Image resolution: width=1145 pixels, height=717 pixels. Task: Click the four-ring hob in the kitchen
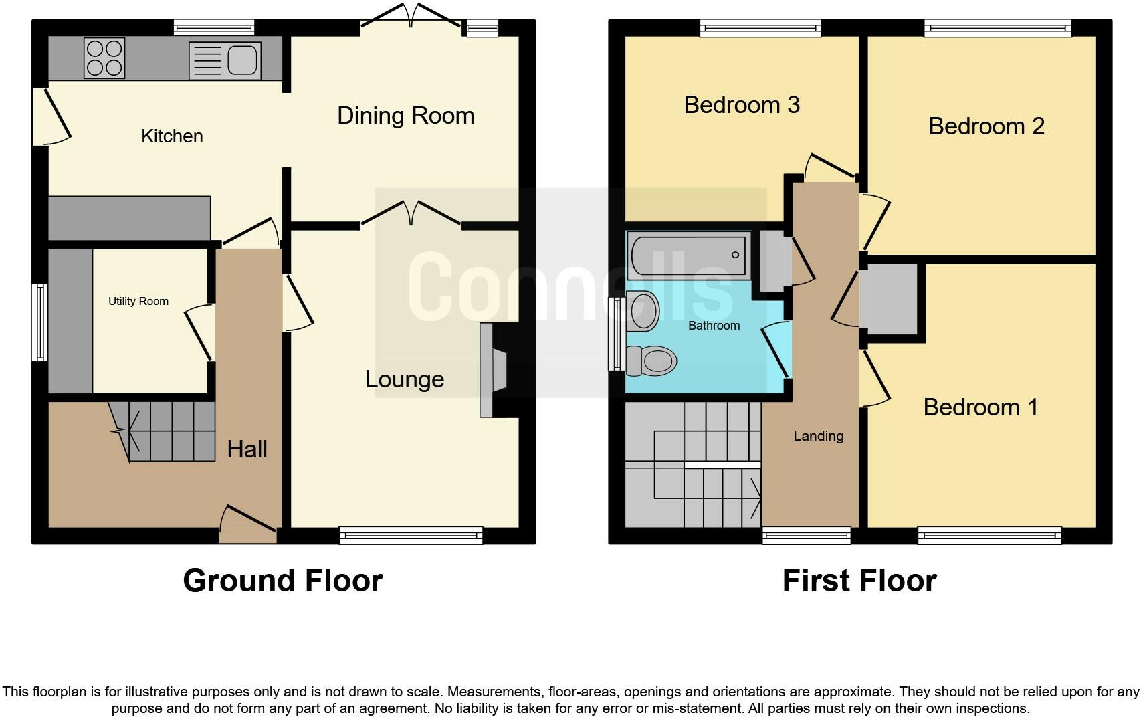click(104, 58)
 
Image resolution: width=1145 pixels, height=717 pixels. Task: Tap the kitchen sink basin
click(242, 60)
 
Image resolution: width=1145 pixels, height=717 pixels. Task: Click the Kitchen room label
click(172, 136)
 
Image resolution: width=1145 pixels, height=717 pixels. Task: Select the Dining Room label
click(405, 116)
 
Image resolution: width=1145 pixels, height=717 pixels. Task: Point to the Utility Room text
click(138, 301)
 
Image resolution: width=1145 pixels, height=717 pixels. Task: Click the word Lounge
click(404, 379)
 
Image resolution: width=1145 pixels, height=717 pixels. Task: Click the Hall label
click(247, 449)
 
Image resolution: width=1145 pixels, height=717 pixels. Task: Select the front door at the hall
click(247, 528)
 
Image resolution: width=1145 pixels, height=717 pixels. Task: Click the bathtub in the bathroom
click(688, 255)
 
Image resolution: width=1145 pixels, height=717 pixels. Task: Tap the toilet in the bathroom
click(651, 361)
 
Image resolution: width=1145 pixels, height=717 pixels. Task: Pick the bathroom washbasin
click(643, 311)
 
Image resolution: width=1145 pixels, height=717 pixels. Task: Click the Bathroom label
click(714, 326)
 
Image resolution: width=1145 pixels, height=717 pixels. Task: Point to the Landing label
click(818, 436)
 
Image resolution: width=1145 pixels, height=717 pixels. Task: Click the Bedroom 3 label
click(742, 105)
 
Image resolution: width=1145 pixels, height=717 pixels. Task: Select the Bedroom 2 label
click(986, 126)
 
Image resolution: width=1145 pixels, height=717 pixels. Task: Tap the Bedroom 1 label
click(980, 407)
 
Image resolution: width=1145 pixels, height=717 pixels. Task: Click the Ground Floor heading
click(282, 580)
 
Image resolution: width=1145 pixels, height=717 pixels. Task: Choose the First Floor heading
click(859, 580)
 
